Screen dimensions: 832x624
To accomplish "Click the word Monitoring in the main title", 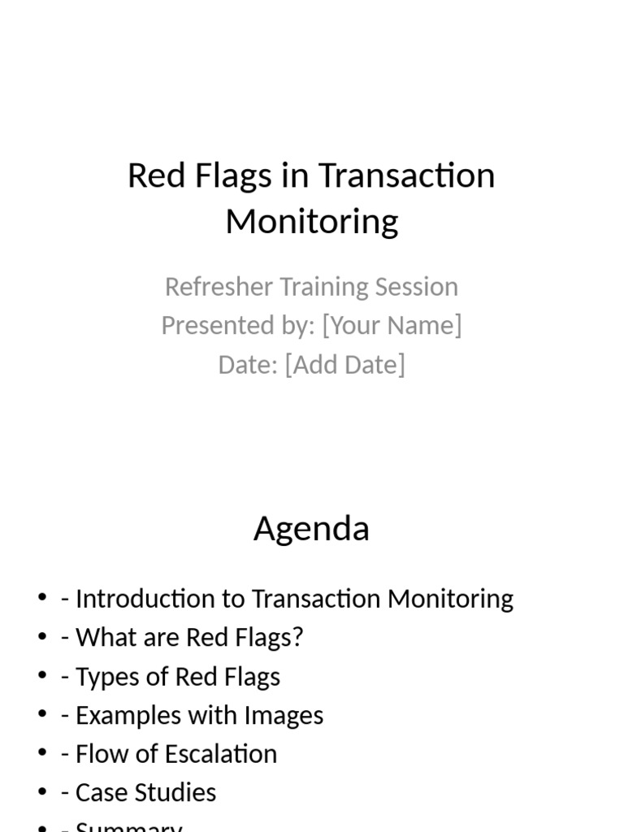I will [311, 221].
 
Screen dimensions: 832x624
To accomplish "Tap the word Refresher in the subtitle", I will [219, 287].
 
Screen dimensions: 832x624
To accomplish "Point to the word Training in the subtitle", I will [325, 287].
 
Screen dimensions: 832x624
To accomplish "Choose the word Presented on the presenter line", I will [210, 325].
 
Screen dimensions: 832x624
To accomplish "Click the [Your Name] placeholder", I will [392, 325].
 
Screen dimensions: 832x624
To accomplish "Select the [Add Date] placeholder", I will [344, 364].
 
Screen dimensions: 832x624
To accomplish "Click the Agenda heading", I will [311, 529].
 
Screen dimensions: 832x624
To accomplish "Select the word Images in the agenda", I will [286, 716].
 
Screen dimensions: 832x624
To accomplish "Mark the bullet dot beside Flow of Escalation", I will [42, 754].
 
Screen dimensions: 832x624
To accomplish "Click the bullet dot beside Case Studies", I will [42, 793].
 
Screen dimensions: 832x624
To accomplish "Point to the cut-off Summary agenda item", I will [128, 825].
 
